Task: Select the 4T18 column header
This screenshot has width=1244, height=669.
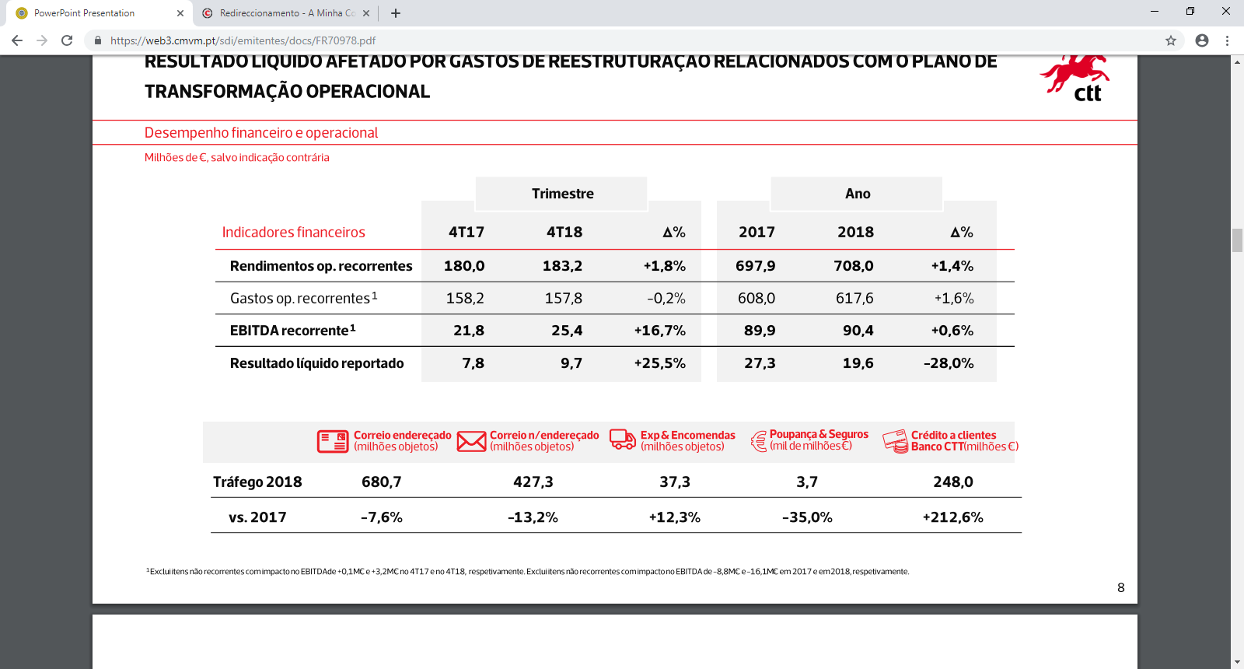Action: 564,232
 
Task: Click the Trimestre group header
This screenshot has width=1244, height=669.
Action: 562,194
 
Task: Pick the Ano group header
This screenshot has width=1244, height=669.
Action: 857,194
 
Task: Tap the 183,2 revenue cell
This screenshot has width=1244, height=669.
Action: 562,266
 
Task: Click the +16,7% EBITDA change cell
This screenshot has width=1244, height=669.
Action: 659,331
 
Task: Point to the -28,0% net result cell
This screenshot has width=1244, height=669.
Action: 948,363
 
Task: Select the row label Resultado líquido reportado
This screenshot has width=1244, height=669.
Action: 316,363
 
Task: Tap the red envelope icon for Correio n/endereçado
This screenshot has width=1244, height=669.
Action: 471,441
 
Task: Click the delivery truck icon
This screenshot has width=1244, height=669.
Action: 622,440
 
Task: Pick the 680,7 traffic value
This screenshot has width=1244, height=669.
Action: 381,482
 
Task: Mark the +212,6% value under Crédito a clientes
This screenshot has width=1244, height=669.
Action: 952,517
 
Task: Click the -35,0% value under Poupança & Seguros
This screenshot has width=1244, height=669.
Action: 807,517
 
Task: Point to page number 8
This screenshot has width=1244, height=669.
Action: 1120,587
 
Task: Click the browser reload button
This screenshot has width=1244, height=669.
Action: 67,40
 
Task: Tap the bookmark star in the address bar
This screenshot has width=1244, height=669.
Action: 1170,40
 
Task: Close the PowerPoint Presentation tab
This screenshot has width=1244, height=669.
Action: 180,13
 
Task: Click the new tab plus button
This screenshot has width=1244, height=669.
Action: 395,13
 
